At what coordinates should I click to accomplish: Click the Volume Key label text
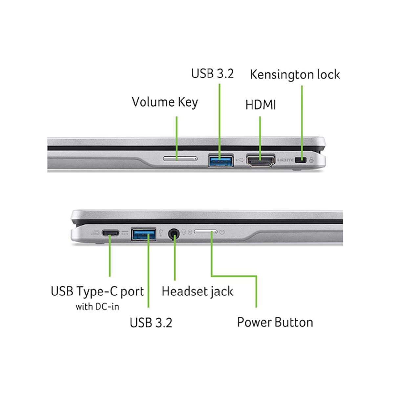point(165,102)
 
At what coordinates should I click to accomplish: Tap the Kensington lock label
point(295,75)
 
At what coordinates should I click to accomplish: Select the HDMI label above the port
point(261,105)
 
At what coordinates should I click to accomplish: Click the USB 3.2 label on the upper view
point(212,74)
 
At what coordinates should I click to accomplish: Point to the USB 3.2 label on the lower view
point(151,323)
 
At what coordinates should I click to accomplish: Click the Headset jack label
point(197,292)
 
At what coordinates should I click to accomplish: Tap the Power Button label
point(275,322)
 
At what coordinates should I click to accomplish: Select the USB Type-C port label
point(98,292)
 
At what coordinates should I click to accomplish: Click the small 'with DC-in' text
point(97,307)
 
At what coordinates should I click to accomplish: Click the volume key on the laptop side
point(180,159)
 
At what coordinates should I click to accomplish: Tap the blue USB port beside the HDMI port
point(221,160)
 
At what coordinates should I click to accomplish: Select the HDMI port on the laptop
point(261,161)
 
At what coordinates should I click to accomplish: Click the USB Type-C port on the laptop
point(110,233)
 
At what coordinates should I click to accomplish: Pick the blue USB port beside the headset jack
point(143,233)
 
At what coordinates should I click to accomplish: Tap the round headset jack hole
point(174,233)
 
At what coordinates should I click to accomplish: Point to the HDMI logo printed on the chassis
point(285,160)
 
